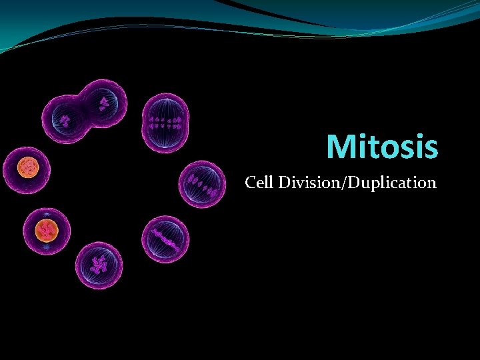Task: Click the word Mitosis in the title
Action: (x=383, y=147)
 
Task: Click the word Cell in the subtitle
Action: (x=259, y=182)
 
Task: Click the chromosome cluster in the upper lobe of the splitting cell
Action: (x=105, y=103)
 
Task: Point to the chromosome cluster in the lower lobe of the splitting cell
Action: (x=65, y=121)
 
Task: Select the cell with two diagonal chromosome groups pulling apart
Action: (x=203, y=183)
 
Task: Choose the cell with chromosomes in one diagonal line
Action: (x=165, y=238)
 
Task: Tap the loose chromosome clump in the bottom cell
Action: (x=100, y=264)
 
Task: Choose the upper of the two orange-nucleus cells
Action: (x=27, y=167)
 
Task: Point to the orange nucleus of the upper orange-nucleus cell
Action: (x=27, y=167)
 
